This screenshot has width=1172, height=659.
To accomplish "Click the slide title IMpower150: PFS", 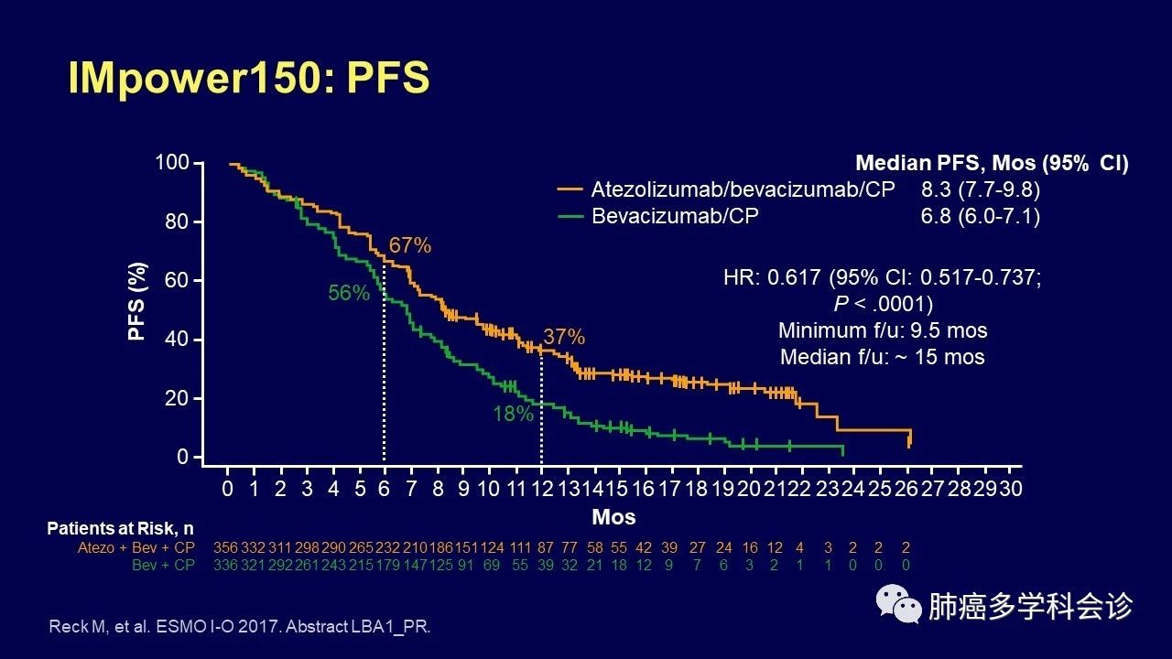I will (249, 79).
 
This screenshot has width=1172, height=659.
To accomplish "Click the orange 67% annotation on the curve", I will (409, 245).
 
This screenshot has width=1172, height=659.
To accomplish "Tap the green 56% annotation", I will (349, 293).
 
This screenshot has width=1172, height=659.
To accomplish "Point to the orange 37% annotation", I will (563, 337).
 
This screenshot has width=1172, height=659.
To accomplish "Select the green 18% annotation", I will (513, 414).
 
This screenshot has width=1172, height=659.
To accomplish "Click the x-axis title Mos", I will (613, 517).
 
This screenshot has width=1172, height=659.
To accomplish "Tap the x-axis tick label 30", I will (1010, 489).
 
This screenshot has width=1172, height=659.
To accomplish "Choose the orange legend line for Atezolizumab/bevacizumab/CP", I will (570, 189).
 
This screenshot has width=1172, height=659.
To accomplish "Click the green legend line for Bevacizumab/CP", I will (570, 216).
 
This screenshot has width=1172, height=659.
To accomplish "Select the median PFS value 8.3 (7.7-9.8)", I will (982, 189).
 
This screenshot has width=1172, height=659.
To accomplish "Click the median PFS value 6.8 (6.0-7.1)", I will (982, 216).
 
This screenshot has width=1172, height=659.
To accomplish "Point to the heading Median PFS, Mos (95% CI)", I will (992, 164).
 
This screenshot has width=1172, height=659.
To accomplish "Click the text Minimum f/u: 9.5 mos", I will (883, 330).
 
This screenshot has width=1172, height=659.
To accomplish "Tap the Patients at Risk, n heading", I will (120, 529).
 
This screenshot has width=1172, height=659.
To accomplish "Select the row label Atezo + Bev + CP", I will (136, 547).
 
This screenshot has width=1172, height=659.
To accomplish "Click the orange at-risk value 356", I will (225, 547).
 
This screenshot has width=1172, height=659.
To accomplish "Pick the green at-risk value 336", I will (225, 565).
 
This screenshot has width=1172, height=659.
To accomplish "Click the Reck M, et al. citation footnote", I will (239, 627).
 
